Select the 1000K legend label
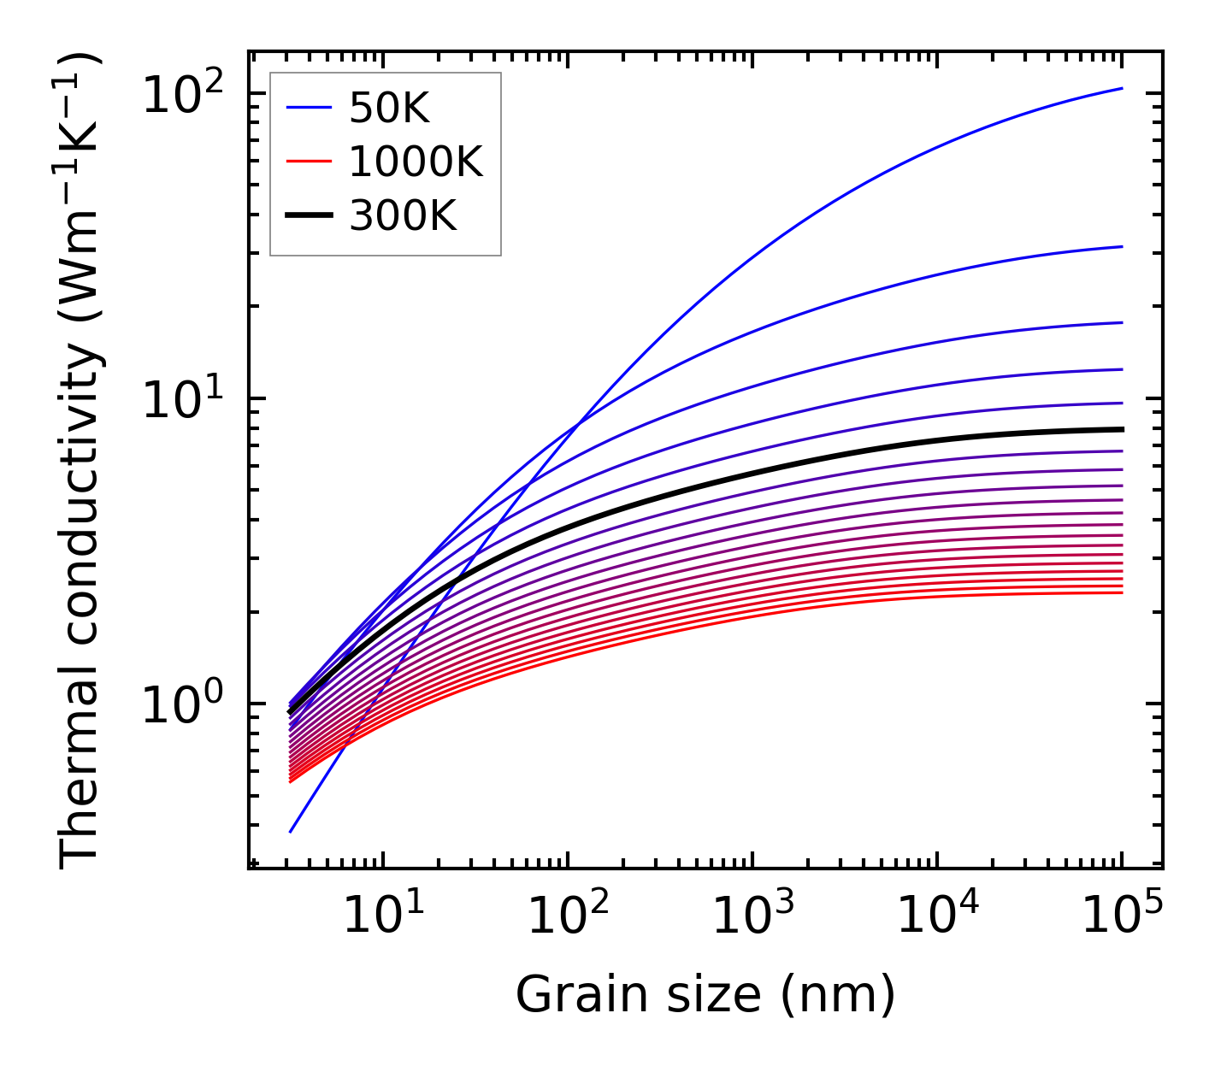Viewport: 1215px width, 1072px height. [416, 162]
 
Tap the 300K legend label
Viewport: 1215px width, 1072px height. [403, 216]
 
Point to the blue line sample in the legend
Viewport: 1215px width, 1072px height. [308, 108]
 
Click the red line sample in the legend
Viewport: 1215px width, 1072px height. [308, 162]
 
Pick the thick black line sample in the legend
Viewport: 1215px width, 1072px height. [308, 216]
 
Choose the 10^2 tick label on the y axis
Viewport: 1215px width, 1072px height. [182, 94]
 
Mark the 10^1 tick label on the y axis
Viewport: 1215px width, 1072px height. [182, 399]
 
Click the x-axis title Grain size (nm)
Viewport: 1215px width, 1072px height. [705, 996]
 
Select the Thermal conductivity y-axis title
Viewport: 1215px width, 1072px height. [81, 462]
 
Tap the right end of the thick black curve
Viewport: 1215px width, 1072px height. [1122, 429]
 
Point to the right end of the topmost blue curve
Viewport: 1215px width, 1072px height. [1122, 88]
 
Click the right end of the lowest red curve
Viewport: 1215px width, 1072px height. [1122, 593]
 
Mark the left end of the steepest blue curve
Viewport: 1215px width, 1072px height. [291, 832]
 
